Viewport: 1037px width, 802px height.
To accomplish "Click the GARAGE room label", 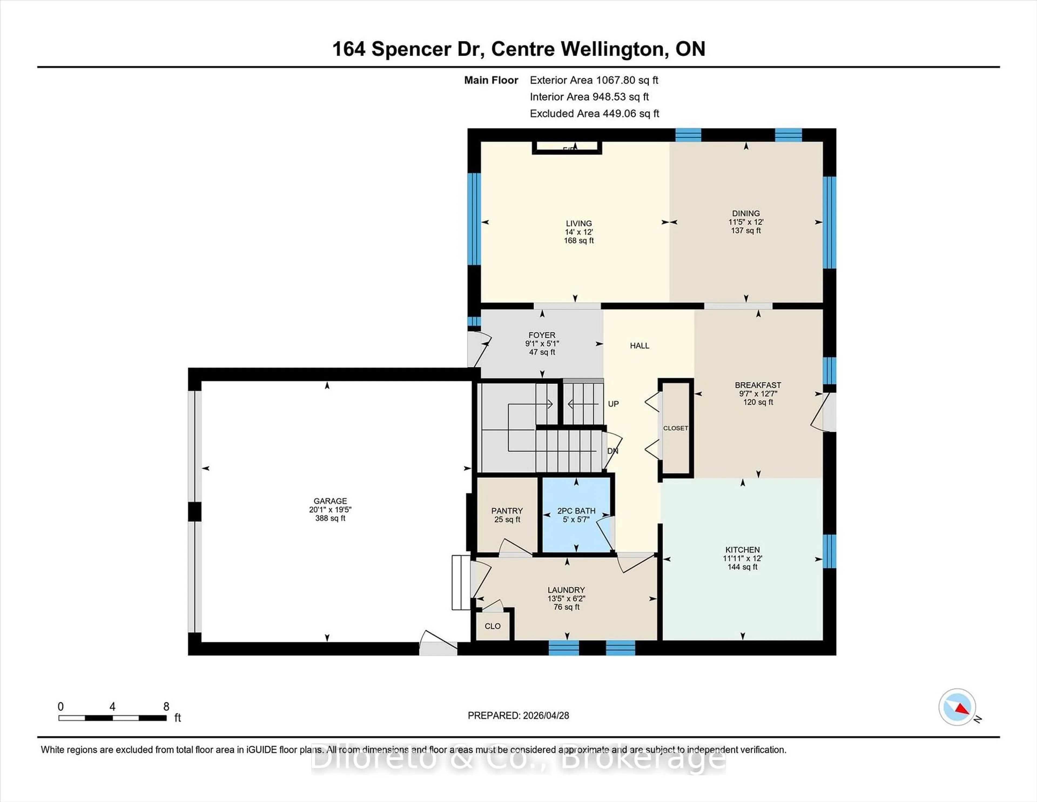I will click(x=330, y=501).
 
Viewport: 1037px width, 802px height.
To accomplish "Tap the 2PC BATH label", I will click(x=576, y=511).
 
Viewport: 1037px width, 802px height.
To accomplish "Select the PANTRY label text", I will click(x=507, y=511).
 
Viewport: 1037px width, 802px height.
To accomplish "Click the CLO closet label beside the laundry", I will click(x=492, y=626).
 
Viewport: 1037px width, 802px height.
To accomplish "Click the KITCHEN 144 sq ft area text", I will click(x=742, y=567).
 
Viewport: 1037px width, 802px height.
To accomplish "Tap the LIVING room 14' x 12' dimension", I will click(x=578, y=232).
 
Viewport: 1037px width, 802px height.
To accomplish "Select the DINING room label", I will click(x=745, y=213).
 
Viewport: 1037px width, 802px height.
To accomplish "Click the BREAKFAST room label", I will click(x=758, y=385).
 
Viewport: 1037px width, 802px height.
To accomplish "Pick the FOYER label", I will click(x=542, y=335).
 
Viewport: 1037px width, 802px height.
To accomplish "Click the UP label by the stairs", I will click(x=613, y=404).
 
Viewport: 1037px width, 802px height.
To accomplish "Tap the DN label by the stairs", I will click(x=612, y=450).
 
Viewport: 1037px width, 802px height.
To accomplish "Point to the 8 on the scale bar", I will click(x=166, y=707).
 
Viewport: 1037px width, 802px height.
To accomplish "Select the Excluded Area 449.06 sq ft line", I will click(x=594, y=113).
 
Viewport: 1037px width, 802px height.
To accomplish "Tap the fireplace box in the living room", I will click(x=567, y=148).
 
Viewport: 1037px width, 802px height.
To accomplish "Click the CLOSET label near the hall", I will click(x=675, y=428).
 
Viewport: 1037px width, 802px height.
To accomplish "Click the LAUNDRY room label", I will click(x=566, y=590).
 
